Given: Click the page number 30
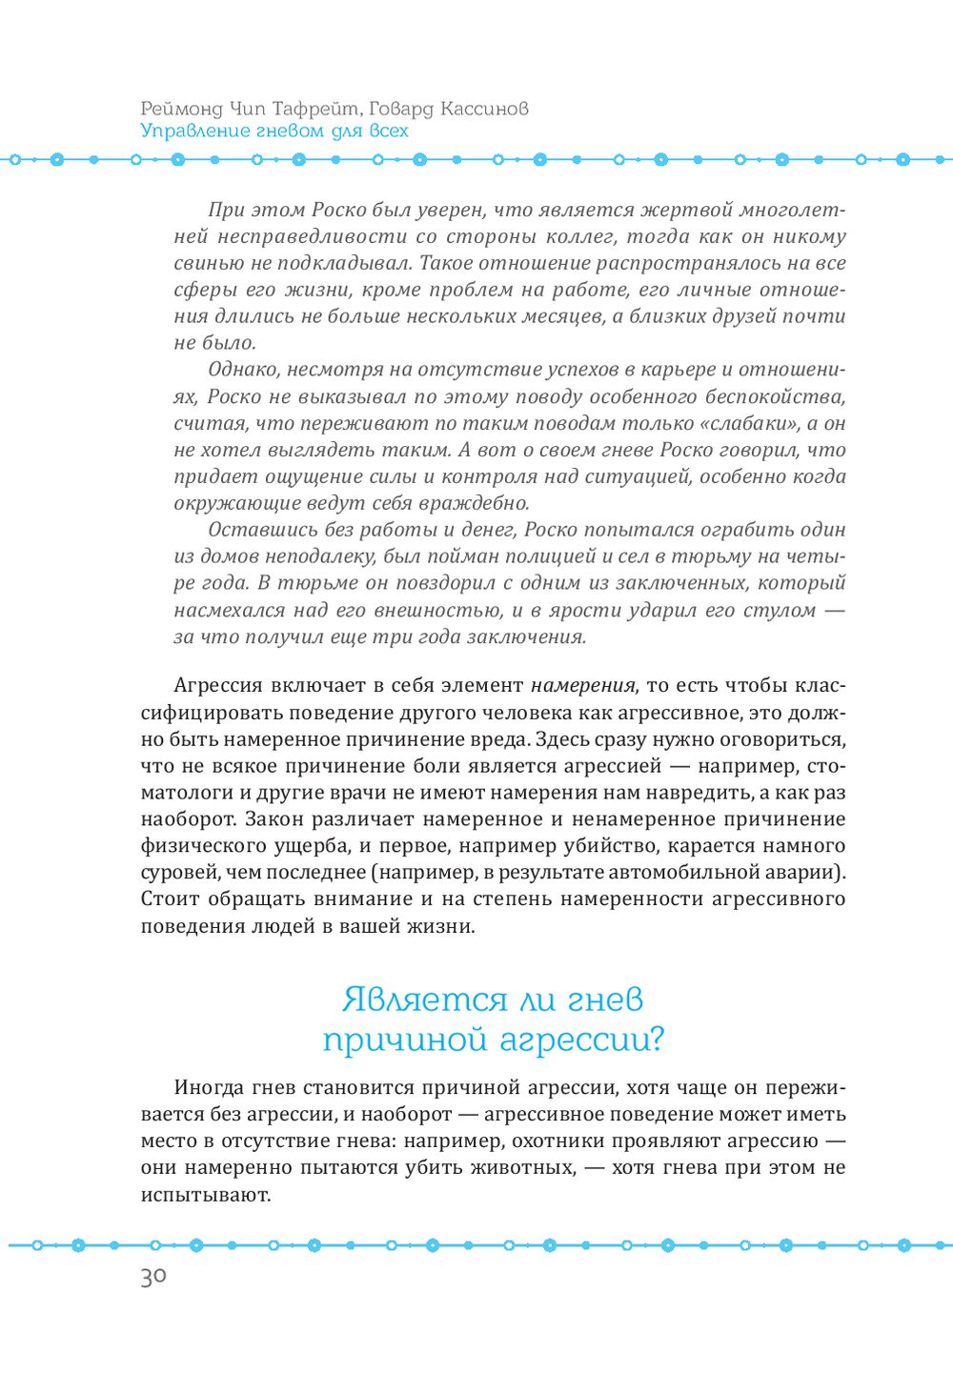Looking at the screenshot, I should (153, 1278).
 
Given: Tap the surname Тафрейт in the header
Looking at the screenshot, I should (309, 109).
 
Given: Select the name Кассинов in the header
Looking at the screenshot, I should (482, 109).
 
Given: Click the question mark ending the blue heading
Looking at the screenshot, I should (654, 1040).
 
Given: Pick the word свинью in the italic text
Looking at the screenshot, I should (203, 263).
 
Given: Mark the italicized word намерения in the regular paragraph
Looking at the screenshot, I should (582, 685).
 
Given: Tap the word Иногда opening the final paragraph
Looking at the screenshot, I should (209, 1087).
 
